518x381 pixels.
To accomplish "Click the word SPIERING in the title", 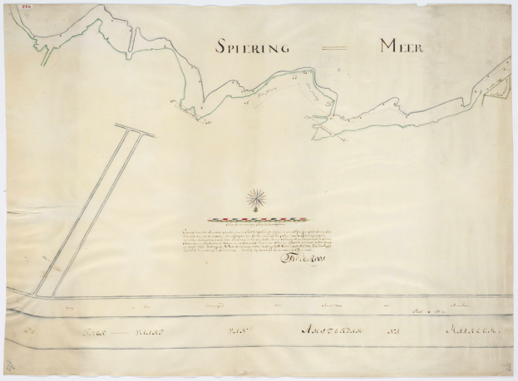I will tap(249, 46).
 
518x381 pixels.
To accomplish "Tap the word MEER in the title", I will tap(402, 46).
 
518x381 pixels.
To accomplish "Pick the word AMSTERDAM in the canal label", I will tap(333, 332).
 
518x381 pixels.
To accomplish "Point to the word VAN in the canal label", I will tap(239, 333).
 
